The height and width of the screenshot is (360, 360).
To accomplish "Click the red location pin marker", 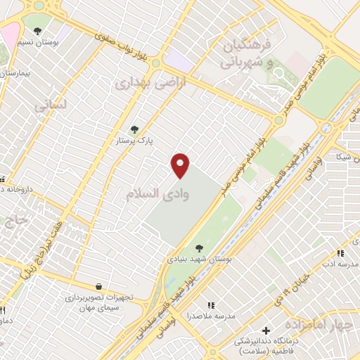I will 181,165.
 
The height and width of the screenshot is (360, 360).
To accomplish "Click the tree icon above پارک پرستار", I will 135,129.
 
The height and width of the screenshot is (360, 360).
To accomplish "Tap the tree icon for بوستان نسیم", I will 37,31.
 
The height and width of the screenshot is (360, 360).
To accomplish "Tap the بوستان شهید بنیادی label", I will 200,259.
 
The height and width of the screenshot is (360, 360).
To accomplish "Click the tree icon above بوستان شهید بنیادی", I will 200,247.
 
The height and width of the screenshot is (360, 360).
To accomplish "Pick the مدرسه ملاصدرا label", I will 211,316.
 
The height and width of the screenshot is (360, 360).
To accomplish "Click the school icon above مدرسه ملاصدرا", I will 211,305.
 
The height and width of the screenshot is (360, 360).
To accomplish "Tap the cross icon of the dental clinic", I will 266,330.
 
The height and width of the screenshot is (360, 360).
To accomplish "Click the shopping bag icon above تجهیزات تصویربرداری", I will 98,286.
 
